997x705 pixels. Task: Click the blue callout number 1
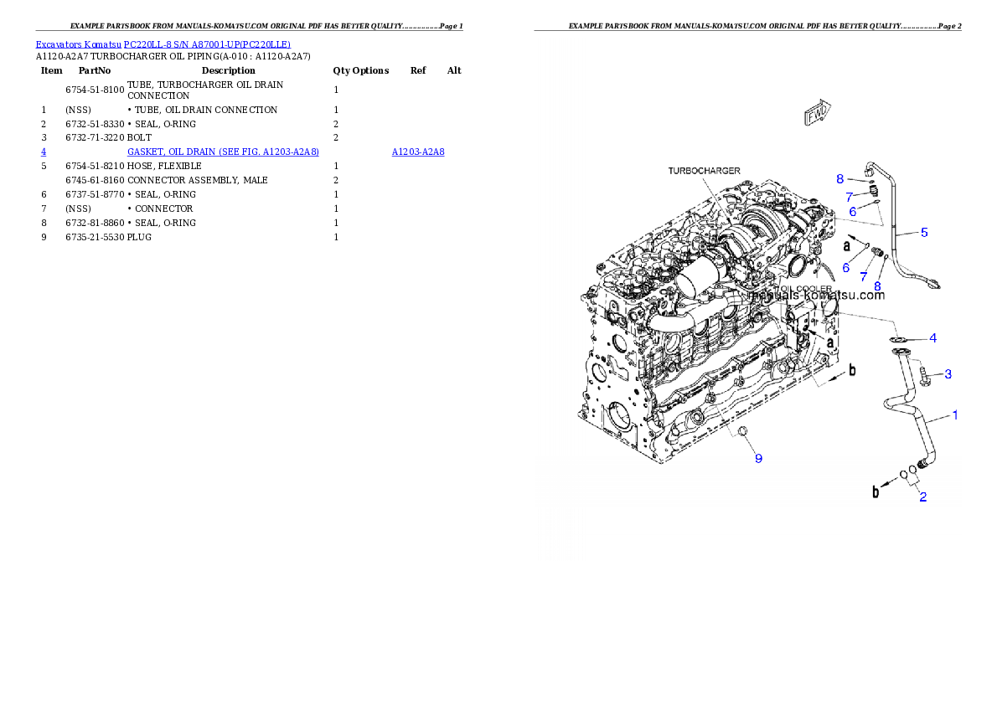tap(954, 414)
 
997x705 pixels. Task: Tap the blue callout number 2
tap(922, 497)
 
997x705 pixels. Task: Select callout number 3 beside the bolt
tap(948, 373)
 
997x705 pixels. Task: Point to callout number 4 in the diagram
tap(932, 338)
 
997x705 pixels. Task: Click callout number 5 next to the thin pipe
tap(924, 232)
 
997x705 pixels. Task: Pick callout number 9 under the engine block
tap(758, 458)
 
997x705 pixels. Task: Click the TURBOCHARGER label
tap(704, 171)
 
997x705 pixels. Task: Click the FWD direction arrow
tap(817, 115)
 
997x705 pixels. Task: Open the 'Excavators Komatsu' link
tap(79, 44)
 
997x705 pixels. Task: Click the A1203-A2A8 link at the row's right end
tap(418, 152)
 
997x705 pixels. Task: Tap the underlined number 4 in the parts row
tap(44, 152)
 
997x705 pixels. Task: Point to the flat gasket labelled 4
tap(901, 339)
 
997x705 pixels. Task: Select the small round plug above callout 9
tap(741, 431)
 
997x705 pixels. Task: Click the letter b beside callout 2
tap(876, 492)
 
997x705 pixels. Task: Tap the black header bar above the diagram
tap(747, 30)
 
